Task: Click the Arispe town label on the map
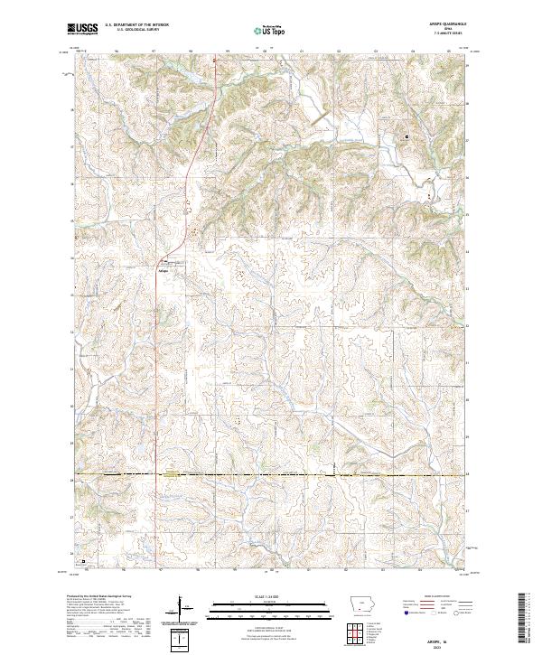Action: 164,269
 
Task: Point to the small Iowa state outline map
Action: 364,604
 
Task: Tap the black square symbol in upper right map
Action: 406,136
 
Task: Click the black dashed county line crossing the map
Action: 271,473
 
